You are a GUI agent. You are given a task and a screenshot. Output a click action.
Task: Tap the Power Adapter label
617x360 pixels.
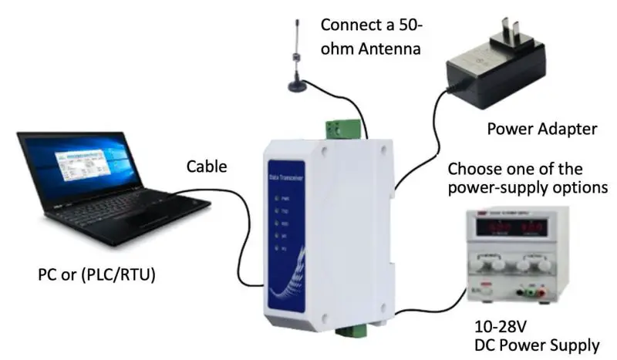pos(541,129)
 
